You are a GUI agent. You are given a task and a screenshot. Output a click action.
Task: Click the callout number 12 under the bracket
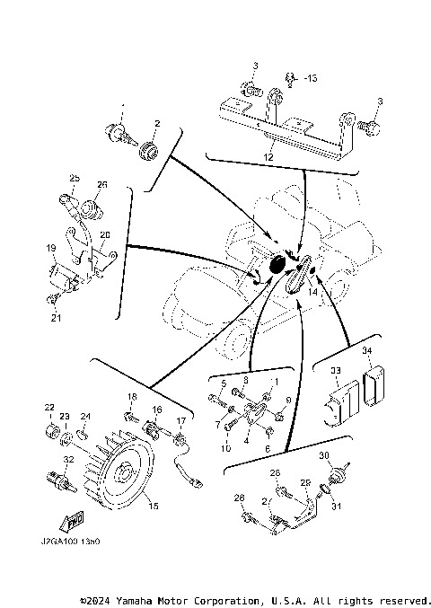pyautogui.click(x=268, y=156)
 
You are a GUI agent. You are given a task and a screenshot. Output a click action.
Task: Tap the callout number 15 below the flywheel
pyautogui.click(x=153, y=507)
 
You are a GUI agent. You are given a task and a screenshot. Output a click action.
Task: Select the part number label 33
pyautogui.click(x=335, y=369)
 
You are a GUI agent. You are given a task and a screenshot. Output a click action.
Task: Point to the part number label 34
pyautogui.click(x=365, y=350)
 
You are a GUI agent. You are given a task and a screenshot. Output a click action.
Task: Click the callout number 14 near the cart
pyautogui.click(x=313, y=291)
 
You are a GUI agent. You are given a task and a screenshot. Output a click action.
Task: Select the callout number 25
pyautogui.click(x=75, y=178)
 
